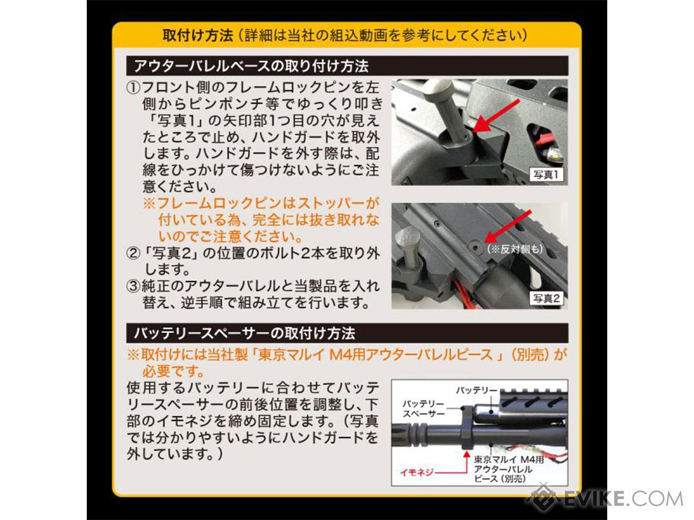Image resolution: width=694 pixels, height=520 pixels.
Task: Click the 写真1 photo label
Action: (x=547, y=174)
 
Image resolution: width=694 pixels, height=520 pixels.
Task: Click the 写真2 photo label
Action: (x=547, y=298)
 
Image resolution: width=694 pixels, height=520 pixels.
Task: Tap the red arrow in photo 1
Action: (x=496, y=116)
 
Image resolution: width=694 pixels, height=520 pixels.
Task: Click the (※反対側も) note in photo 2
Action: (x=515, y=249)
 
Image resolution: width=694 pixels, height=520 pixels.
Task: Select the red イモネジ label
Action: (x=416, y=472)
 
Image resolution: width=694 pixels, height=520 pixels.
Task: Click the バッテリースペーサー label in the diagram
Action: (x=423, y=408)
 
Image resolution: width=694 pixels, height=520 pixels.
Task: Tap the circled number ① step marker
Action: (x=133, y=88)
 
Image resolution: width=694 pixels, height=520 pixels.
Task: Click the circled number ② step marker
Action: (x=133, y=253)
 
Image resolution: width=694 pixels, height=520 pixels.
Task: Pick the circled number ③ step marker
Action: (x=133, y=286)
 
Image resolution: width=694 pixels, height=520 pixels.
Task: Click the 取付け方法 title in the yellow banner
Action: (x=198, y=35)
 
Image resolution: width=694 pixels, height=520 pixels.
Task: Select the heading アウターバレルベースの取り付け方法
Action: (x=252, y=66)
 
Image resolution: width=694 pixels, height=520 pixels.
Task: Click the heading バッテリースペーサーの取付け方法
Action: (x=245, y=333)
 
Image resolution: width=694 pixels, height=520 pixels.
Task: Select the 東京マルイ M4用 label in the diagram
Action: (x=509, y=459)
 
